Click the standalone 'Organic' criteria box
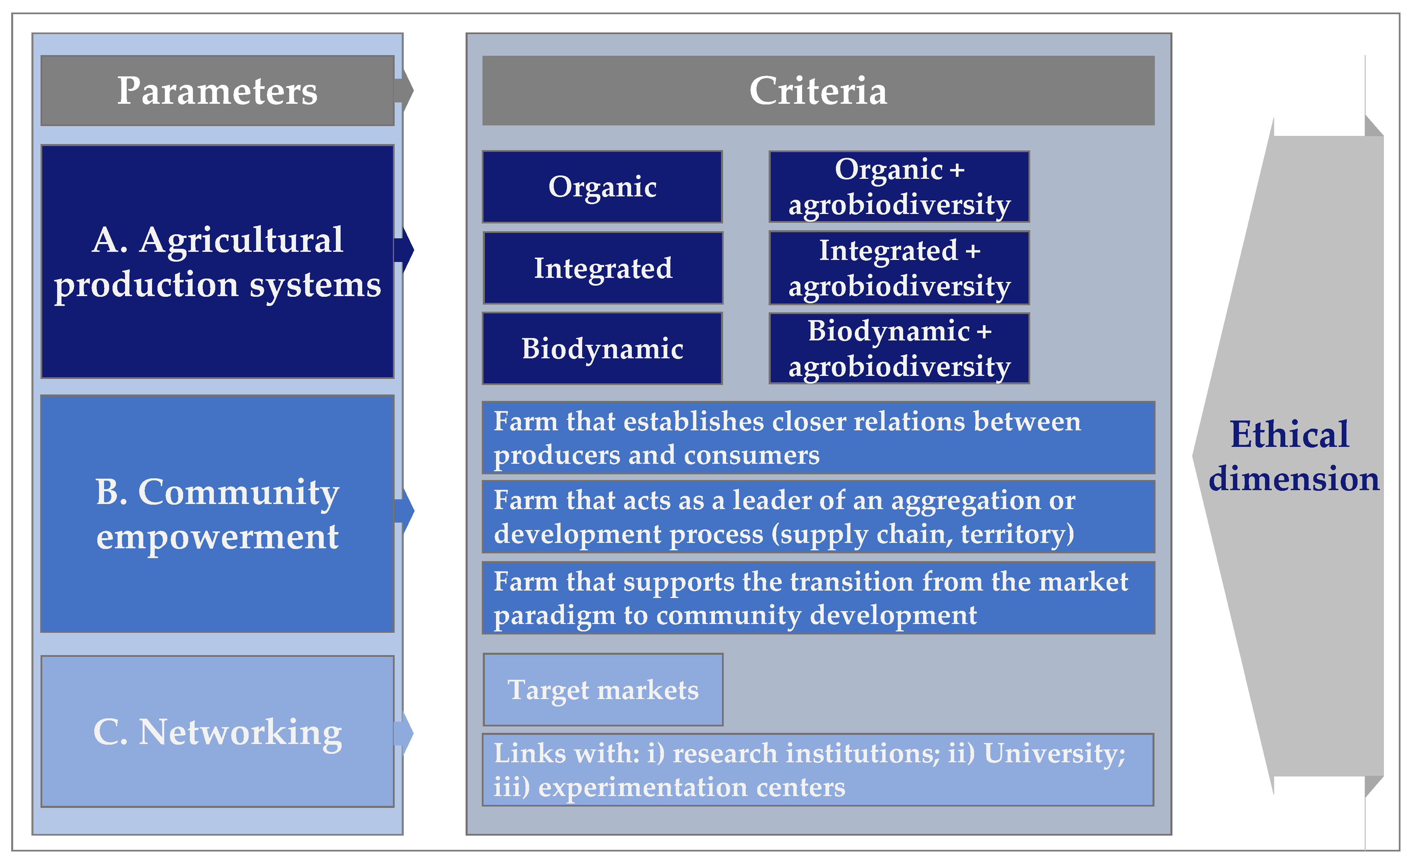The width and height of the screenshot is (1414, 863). (x=602, y=187)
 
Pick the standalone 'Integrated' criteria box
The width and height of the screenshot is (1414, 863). (x=602, y=268)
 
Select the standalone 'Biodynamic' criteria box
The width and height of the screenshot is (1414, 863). (x=602, y=348)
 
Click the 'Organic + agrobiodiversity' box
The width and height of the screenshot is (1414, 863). (x=899, y=187)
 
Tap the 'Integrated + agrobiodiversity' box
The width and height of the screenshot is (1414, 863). (x=899, y=268)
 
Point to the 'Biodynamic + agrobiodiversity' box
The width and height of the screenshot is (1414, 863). (x=899, y=348)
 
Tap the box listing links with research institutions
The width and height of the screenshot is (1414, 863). (x=817, y=769)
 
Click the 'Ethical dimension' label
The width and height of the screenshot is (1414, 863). (x=1293, y=456)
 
